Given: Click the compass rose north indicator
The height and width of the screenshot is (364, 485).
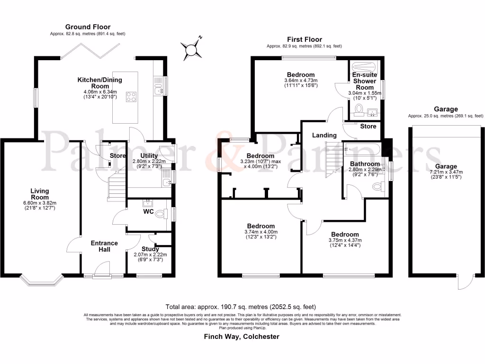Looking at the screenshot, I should coord(192,48).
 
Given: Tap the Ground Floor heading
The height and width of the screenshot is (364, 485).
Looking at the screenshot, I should coord(88,27).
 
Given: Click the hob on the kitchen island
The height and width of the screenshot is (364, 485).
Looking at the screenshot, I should coord(131,97).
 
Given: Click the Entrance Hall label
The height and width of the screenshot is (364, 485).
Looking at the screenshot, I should coord(104,246).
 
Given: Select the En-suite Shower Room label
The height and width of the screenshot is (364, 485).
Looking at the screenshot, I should coord(364,81).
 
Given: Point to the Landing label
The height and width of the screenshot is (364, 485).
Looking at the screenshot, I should coord(324,135).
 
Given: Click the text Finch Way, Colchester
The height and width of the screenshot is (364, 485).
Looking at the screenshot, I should coord(242,337).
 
